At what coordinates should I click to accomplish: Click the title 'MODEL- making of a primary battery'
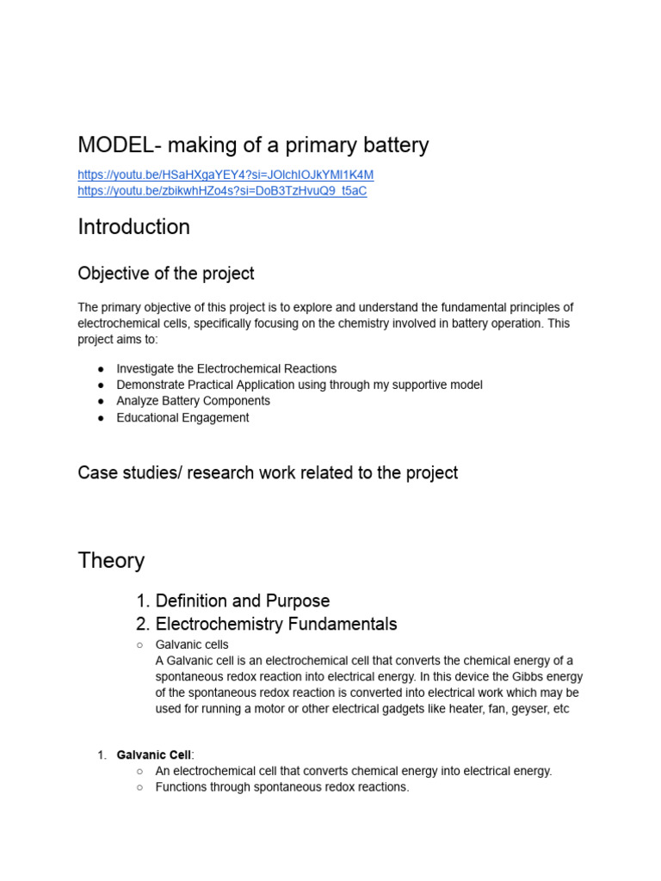[x=253, y=145]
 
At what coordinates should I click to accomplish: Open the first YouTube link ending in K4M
[x=225, y=175]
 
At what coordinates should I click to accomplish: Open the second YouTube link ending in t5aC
[x=222, y=191]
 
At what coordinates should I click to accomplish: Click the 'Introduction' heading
[x=133, y=227]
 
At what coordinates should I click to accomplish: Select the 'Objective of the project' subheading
[x=165, y=274]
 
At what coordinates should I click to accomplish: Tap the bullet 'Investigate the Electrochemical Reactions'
[x=226, y=368]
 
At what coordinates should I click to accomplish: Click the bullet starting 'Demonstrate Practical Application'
[x=299, y=385]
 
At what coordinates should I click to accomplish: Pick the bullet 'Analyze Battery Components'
[x=193, y=401]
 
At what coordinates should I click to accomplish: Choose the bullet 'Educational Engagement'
[x=182, y=417]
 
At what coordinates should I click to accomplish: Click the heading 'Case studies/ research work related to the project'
[x=268, y=472]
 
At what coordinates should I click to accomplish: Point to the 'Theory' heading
[x=111, y=561]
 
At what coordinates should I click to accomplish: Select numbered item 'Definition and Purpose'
[x=242, y=601]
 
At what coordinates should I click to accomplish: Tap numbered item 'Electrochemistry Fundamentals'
[x=275, y=624]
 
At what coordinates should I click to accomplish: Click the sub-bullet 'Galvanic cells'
[x=192, y=644]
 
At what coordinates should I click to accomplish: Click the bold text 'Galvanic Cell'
[x=154, y=755]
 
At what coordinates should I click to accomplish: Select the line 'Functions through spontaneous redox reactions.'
[x=282, y=787]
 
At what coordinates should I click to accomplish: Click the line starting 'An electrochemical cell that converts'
[x=353, y=771]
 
